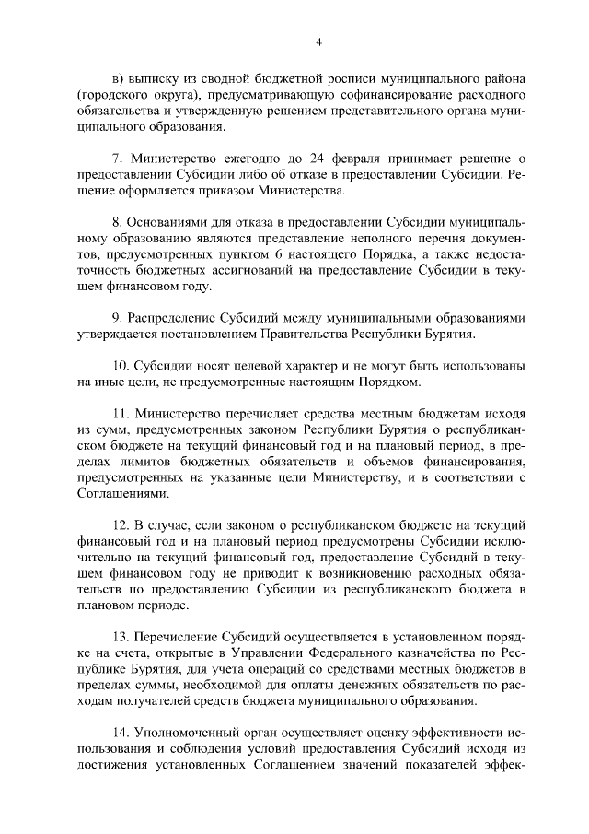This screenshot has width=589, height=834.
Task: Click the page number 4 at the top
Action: [x=318, y=41]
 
